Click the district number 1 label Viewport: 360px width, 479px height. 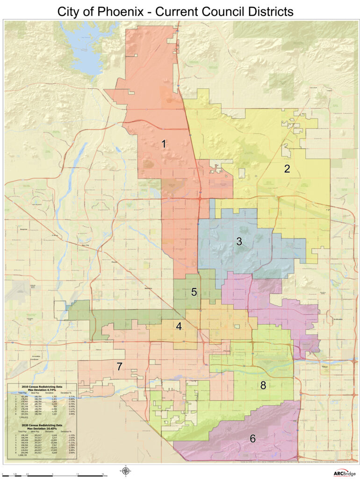point(164,144)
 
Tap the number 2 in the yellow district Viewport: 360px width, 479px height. point(287,169)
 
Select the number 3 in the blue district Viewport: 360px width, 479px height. point(239,242)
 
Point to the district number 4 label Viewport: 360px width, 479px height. point(179,327)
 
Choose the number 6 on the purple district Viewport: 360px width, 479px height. point(252,439)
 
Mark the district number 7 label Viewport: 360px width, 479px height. point(120,367)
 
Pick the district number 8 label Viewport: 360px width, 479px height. point(263,385)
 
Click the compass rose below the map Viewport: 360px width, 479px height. point(125,471)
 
